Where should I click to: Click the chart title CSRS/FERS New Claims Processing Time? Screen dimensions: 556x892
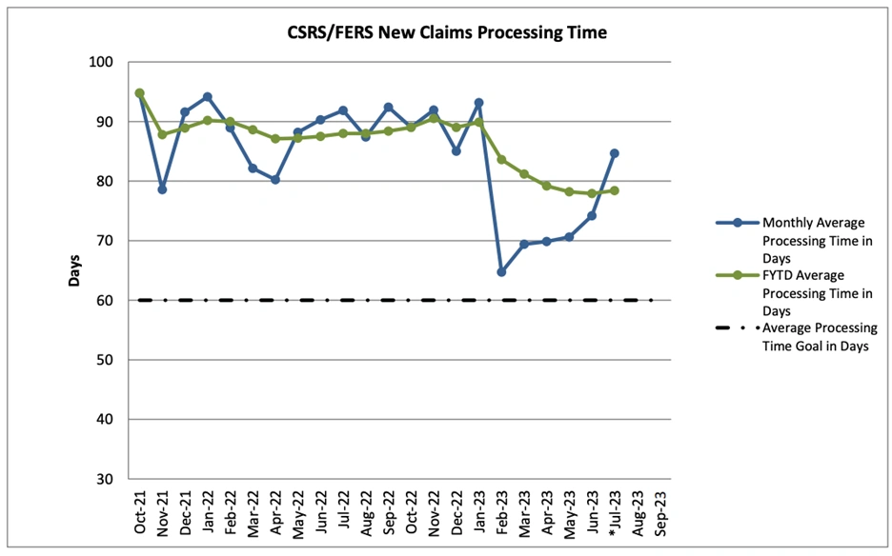click(447, 32)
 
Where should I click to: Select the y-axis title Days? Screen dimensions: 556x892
click(74, 271)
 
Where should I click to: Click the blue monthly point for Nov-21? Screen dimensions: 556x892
click(162, 189)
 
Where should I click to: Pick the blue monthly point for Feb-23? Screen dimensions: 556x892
click(501, 272)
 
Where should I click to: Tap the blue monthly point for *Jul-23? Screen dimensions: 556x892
click(615, 153)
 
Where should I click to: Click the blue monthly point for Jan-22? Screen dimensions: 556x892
click(208, 97)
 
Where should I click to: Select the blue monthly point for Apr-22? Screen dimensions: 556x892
click(275, 179)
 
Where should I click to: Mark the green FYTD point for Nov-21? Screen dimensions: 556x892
click(162, 134)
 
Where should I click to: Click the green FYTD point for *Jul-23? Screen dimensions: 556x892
click(615, 190)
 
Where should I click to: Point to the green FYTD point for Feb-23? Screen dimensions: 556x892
click(501, 160)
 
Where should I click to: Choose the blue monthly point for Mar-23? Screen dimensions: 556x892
click(524, 244)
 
